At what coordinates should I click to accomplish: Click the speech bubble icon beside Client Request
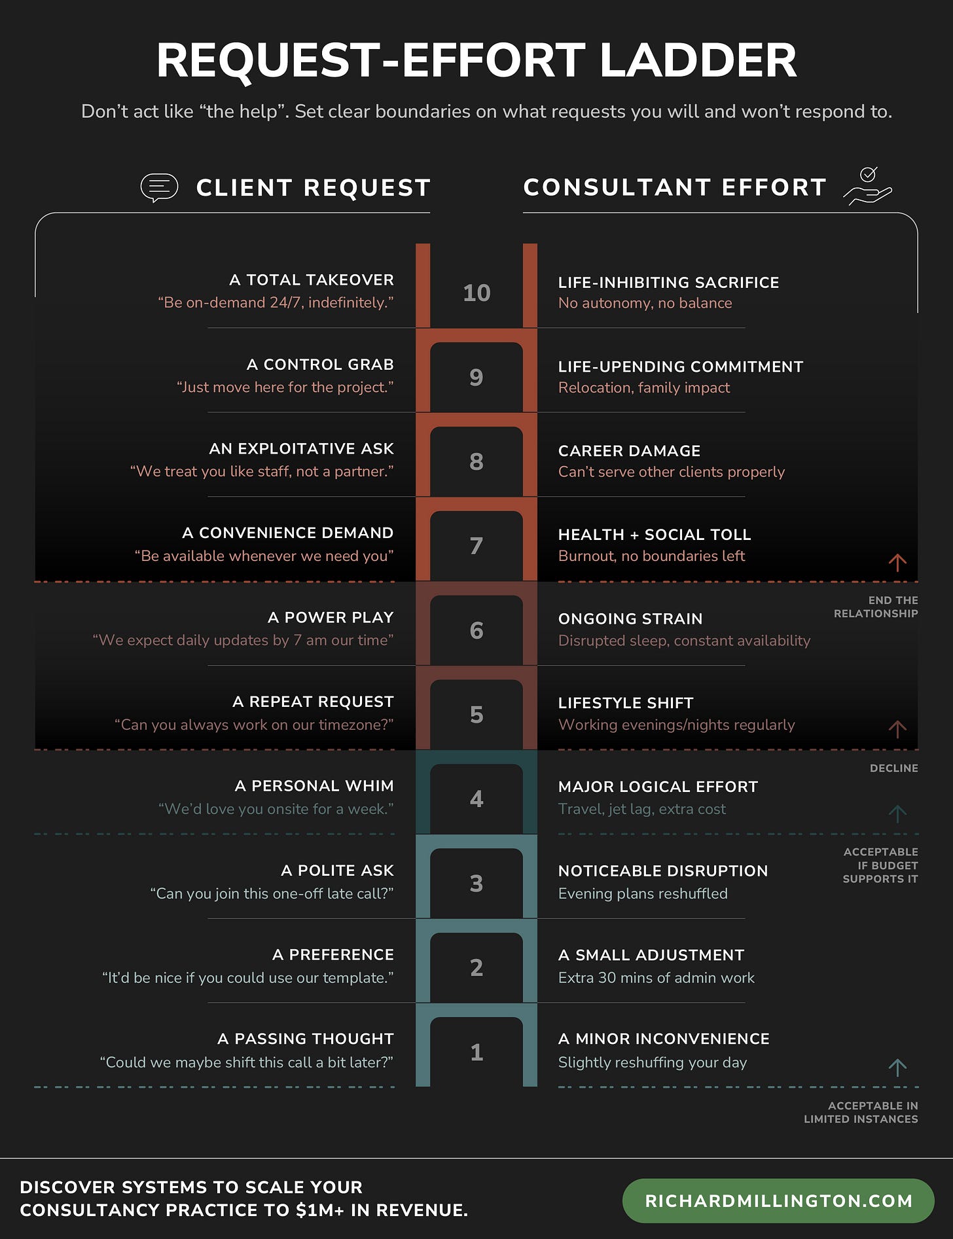[x=159, y=188]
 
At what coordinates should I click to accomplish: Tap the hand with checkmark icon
[x=868, y=187]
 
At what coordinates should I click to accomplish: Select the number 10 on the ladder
[x=476, y=293]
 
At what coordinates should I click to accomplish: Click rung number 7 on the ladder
[x=476, y=546]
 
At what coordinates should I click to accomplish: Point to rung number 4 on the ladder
[x=476, y=799]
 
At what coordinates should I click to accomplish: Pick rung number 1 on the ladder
[x=476, y=1052]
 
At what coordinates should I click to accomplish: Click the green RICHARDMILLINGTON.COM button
[x=778, y=1201]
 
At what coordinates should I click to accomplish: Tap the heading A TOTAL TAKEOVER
[x=312, y=280]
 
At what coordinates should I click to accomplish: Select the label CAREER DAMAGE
[x=629, y=451]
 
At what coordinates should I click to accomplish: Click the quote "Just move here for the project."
[x=285, y=387]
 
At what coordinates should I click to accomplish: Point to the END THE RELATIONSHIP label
[x=876, y=607]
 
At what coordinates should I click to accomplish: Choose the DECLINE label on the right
[x=893, y=768]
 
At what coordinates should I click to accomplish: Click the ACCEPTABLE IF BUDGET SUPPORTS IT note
[x=880, y=865]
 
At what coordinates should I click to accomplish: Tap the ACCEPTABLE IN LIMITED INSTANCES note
[x=861, y=1113]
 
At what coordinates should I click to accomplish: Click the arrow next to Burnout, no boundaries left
[x=897, y=562]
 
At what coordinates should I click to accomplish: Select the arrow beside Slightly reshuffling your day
[x=897, y=1068]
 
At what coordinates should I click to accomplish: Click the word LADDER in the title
[x=698, y=60]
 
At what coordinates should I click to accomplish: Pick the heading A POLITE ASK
[x=337, y=871]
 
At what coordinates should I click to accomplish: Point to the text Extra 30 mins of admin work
[x=656, y=978]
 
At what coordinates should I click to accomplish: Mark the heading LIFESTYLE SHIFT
[x=625, y=703]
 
